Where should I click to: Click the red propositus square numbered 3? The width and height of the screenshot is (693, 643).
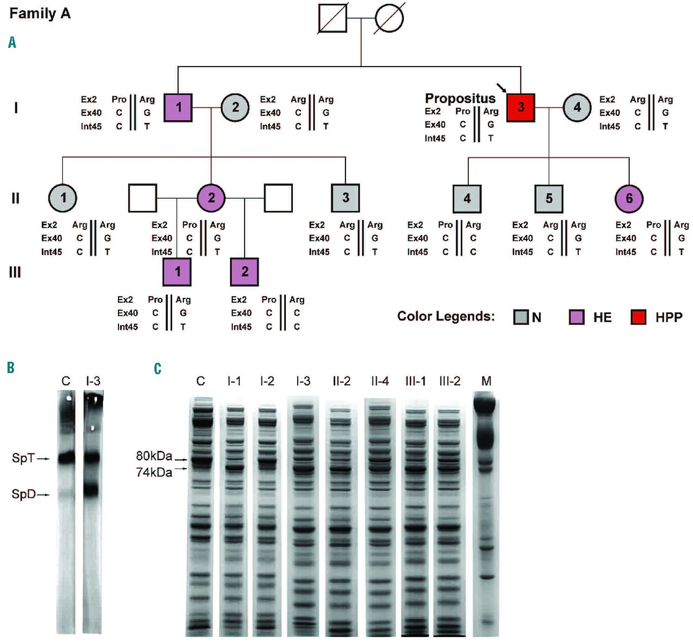521,107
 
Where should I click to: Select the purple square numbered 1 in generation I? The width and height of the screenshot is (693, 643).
179,107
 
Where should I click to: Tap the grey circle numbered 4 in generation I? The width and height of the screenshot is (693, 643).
577,107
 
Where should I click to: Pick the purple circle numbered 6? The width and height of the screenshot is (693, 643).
629,198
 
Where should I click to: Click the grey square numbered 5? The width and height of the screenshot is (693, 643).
549,198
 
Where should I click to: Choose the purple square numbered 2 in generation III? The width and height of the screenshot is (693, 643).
245,272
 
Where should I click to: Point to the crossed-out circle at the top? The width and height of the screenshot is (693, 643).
389,18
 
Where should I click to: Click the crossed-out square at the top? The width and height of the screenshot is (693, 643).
332,18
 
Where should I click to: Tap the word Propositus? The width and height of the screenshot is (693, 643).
460,98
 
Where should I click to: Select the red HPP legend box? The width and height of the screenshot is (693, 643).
638,317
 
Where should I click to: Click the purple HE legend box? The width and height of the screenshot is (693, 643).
577,317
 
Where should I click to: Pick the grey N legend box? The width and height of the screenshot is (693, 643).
520,317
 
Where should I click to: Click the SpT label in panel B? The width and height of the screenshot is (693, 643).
23,458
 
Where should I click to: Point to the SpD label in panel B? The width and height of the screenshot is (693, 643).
23,494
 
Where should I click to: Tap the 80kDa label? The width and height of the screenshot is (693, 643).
154,456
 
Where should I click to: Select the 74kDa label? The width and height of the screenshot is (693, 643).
154,472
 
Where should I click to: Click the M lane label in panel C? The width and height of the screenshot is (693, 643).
486,381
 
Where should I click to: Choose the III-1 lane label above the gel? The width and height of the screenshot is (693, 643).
415,381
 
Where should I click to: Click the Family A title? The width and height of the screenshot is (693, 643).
40,13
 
